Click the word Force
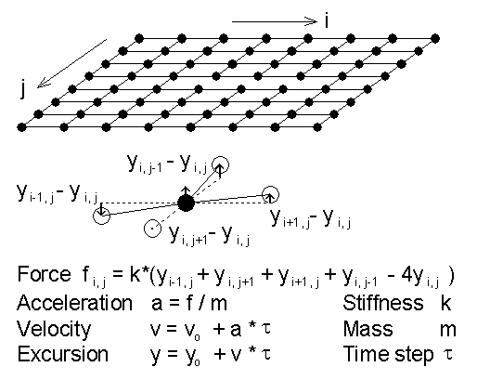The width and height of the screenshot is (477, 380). (x=44, y=274)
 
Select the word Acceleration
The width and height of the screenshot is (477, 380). (x=74, y=303)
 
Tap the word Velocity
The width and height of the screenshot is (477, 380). (x=54, y=330)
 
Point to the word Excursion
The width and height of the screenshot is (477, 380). (x=63, y=354)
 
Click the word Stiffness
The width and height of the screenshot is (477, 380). (x=383, y=303)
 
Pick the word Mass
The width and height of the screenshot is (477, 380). (x=367, y=329)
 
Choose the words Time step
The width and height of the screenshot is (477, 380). (x=388, y=355)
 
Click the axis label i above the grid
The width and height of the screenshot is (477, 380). (x=327, y=20)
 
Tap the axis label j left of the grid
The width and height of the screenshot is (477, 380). (x=22, y=89)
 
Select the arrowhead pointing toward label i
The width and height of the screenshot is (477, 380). (x=312, y=21)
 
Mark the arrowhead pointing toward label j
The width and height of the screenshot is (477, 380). (x=43, y=84)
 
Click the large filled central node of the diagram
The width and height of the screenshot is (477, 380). (x=187, y=203)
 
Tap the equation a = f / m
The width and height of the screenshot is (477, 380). (x=189, y=303)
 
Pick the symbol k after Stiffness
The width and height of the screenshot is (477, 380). (x=445, y=303)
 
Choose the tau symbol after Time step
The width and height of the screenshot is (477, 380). (x=447, y=354)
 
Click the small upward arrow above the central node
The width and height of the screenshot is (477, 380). (x=186, y=190)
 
